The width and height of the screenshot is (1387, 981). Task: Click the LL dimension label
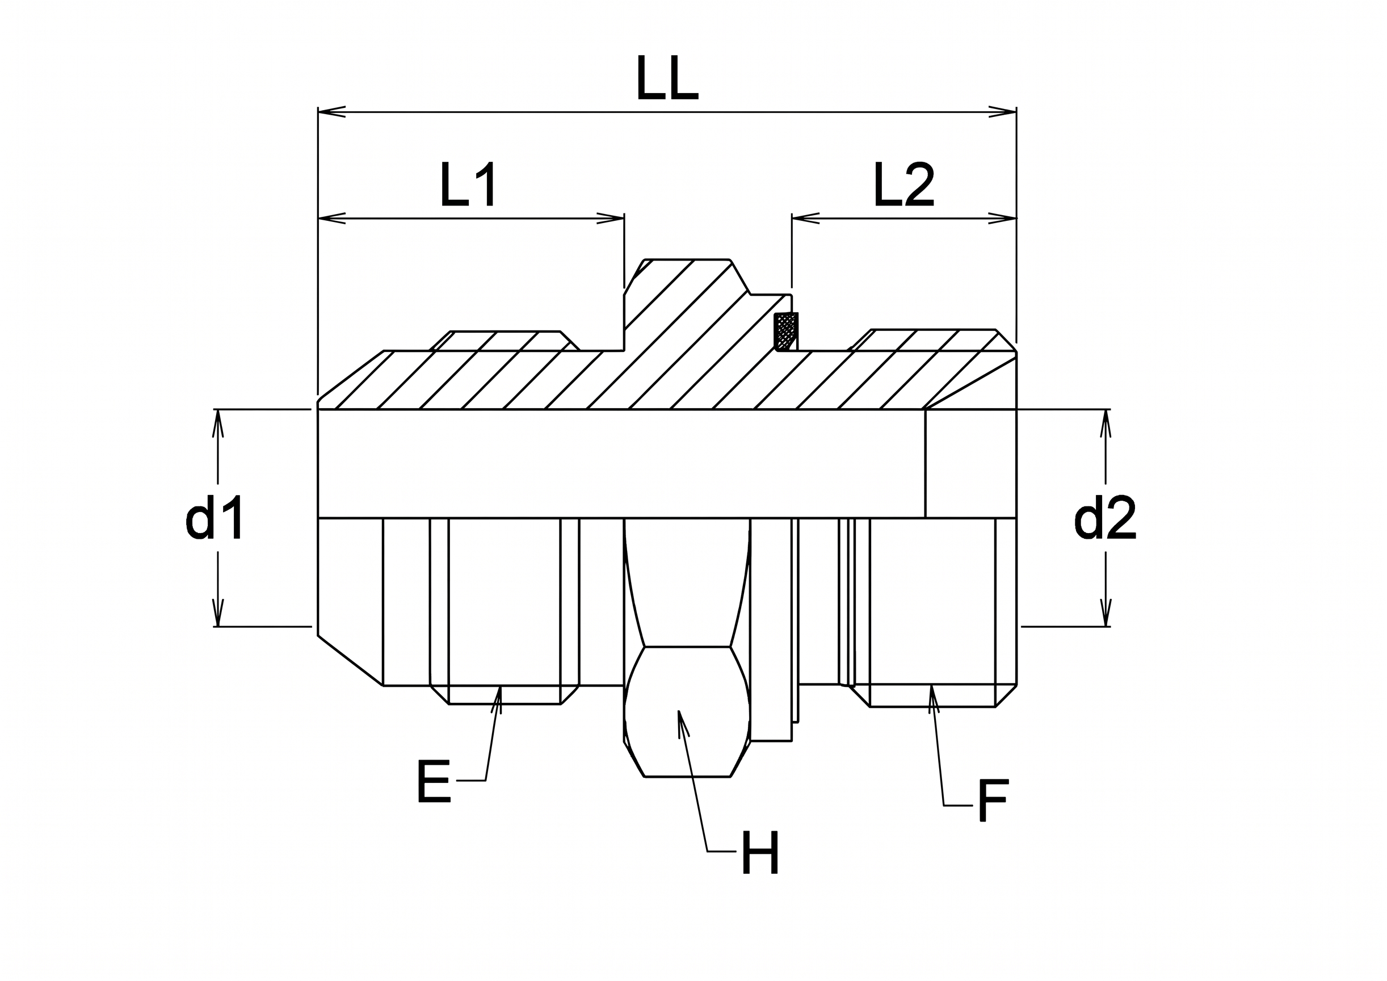point(667,78)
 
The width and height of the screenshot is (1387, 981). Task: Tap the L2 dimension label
point(903,185)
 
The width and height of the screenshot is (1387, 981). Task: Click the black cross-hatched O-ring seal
point(786,331)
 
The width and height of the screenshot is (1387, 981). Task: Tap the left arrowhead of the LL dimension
point(331,112)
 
